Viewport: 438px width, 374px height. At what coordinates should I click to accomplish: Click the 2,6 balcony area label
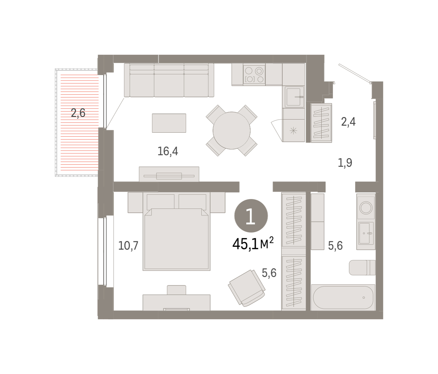click(x=78, y=113)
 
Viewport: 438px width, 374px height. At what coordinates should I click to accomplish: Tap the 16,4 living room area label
click(x=168, y=151)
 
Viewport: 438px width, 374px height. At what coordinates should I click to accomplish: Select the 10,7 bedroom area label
click(x=128, y=246)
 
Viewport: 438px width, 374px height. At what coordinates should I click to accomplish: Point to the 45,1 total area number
click(x=245, y=244)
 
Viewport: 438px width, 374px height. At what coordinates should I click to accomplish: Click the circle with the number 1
click(x=251, y=216)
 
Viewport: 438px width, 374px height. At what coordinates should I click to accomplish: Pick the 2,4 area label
click(x=348, y=122)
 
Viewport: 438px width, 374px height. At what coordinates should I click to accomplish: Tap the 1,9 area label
click(x=345, y=163)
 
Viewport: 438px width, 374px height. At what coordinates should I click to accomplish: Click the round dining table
click(x=232, y=130)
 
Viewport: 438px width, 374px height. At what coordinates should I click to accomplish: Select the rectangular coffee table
click(x=169, y=123)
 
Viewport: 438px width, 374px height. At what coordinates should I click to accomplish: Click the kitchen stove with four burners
click(x=254, y=74)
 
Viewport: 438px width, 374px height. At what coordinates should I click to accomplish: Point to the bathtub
click(x=343, y=297)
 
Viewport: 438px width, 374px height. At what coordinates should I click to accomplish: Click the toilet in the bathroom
click(x=362, y=268)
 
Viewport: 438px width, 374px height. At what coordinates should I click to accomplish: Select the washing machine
click(x=366, y=207)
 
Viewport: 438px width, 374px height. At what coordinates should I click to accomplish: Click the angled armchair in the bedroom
click(x=247, y=288)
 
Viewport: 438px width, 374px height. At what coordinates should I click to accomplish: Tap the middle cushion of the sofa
click(x=169, y=81)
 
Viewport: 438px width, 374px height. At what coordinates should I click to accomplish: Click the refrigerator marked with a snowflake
click(x=294, y=130)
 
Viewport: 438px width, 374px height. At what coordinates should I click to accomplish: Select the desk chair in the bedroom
click(x=177, y=290)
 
